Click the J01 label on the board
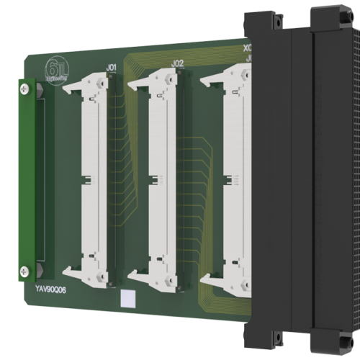[x=112, y=68]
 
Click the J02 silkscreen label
[x=179, y=63]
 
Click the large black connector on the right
[x=302, y=180]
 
